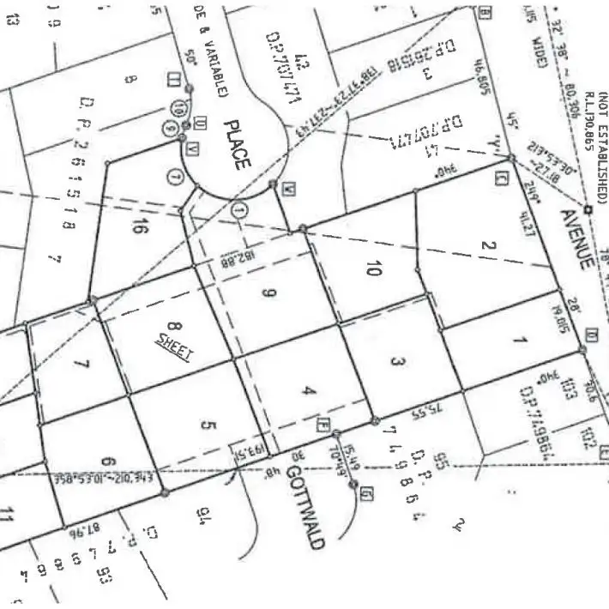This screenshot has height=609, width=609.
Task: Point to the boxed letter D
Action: click(x=591, y=334)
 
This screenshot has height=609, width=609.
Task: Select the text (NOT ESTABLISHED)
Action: click(x=602, y=146)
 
